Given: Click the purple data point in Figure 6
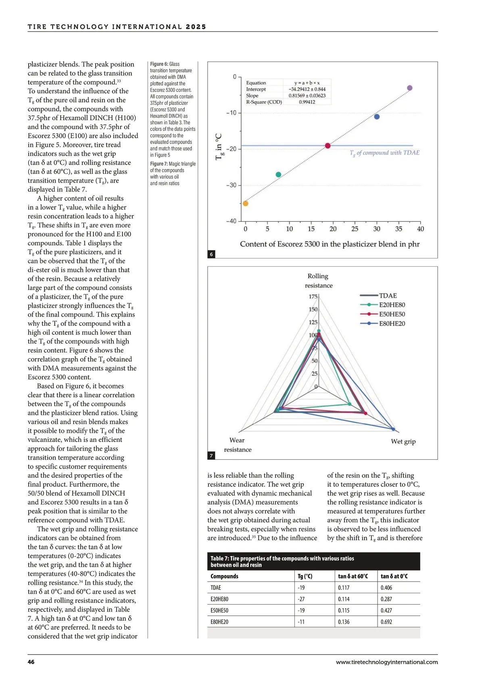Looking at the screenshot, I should (x=409, y=88).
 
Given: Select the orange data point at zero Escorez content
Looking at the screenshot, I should (x=245, y=203).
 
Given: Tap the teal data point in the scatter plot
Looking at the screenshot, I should (x=278, y=174).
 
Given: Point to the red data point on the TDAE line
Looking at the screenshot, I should (x=328, y=146).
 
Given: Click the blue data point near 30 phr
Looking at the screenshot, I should (x=377, y=117).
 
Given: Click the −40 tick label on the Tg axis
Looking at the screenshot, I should (x=232, y=221).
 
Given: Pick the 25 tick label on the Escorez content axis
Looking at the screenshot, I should (x=355, y=229).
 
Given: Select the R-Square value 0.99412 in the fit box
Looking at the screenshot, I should (x=307, y=102).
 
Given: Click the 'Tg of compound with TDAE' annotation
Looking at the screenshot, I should (x=384, y=153).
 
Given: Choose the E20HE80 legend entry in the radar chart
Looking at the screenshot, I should (x=392, y=305).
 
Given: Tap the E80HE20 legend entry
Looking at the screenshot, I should (x=392, y=323).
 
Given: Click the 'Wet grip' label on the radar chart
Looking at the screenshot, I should (x=403, y=441).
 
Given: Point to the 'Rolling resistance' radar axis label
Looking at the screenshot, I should (x=318, y=281).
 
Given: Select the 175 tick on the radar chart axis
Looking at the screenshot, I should (x=313, y=296).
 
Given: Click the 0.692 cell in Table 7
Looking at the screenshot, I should (x=386, y=621).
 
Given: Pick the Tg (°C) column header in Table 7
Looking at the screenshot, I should (x=305, y=576).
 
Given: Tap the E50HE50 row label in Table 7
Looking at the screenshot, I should (x=219, y=610).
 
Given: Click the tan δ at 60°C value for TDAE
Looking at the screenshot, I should (x=344, y=588).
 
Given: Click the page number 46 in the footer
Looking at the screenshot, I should (x=31, y=662).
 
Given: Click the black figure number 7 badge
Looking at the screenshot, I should (x=211, y=456).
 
